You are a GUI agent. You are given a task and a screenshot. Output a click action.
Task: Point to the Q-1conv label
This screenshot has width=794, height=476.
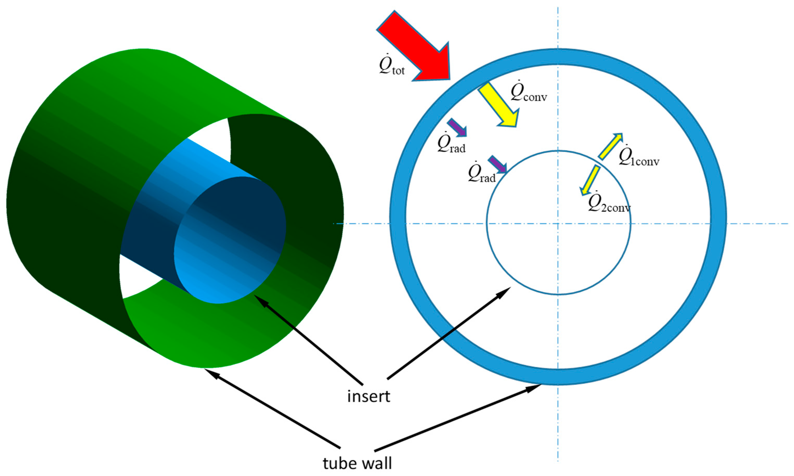pyautogui.click(x=639, y=157)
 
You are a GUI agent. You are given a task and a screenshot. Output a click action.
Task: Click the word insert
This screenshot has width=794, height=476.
pyautogui.click(x=369, y=397)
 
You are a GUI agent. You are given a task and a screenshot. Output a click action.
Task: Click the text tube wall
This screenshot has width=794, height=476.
pyautogui.click(x=357, y=464)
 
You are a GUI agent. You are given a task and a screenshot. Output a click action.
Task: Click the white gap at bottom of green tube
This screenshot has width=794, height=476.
pyautogui.click(x=138, y=279)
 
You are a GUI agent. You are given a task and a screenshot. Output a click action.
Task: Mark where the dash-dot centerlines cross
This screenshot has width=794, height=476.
pyautogui.click(x=558, y=223)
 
